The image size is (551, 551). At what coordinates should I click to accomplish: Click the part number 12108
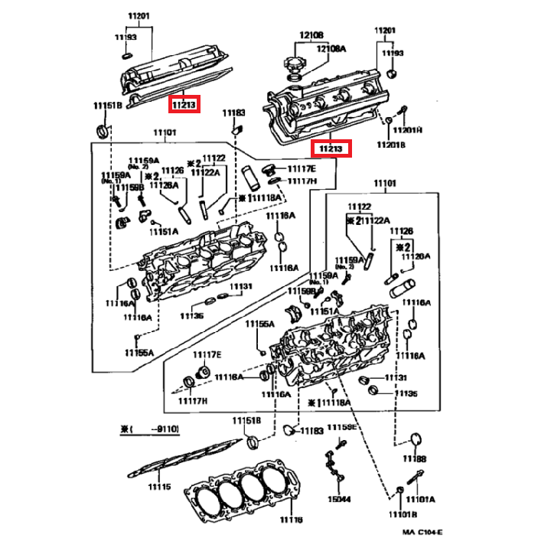(311, 34)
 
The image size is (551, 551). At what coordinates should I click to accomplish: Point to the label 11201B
(390, 145)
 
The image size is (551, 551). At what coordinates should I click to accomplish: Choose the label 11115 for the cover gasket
(160, 487)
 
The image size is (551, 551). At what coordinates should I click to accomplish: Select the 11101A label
(420, 499)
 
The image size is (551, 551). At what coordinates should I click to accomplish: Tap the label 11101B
(402, 514)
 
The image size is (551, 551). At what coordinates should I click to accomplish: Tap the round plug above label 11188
(416, 439)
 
